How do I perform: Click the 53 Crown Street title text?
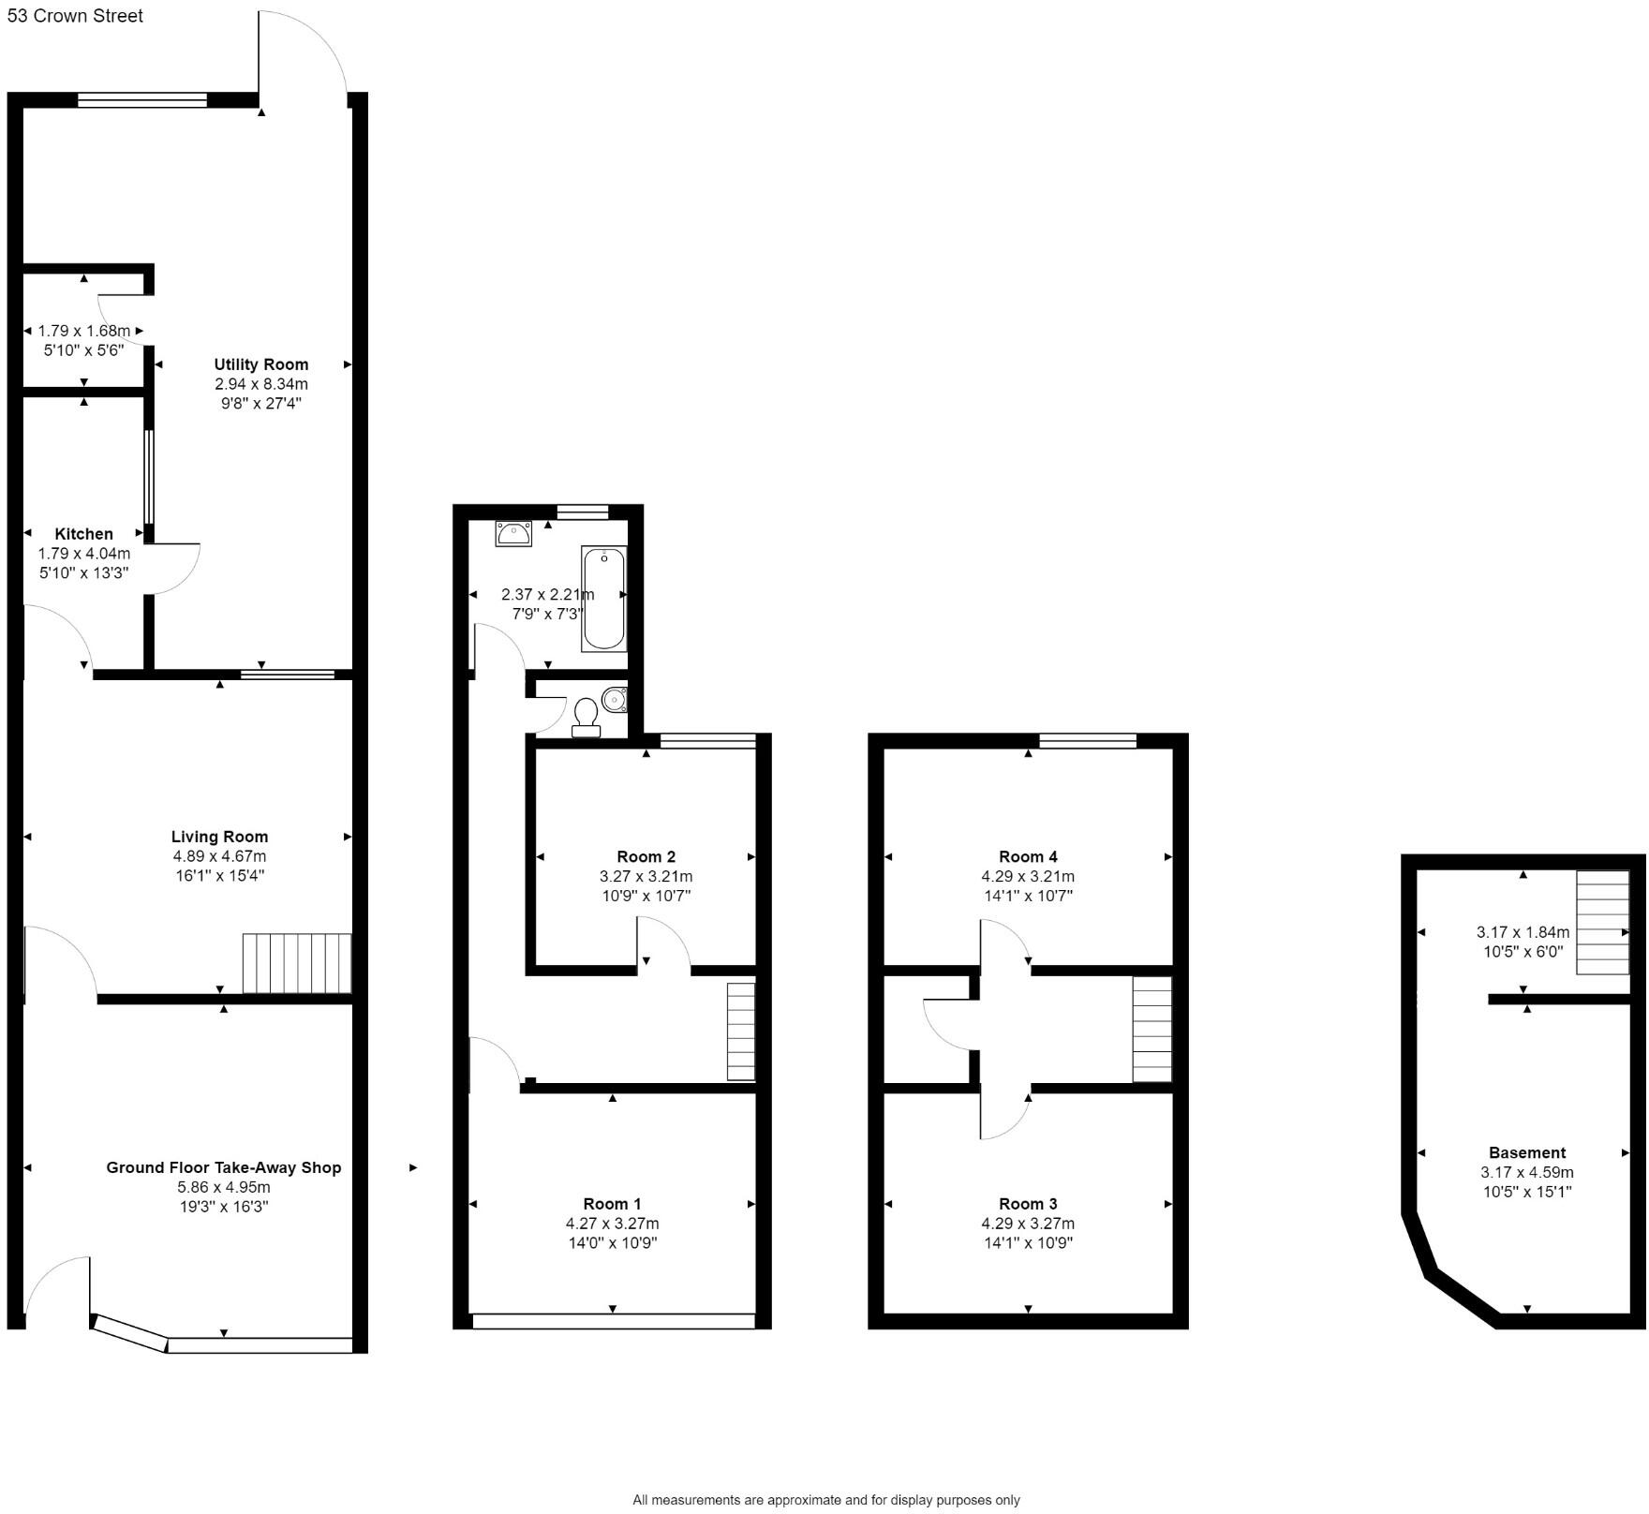75,16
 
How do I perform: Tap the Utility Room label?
260,364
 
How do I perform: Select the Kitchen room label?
83,534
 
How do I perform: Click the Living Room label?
219,837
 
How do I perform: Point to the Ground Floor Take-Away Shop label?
223,1167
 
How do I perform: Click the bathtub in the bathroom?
603,599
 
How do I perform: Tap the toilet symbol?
587,718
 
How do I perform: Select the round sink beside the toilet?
615,699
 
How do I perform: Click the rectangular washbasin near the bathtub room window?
513,534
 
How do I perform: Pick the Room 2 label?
646,856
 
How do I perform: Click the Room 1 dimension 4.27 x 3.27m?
612,1224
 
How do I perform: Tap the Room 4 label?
1028,856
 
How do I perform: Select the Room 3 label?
1028,1204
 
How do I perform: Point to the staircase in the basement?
1602,923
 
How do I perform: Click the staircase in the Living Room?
296,963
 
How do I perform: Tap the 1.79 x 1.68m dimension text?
83,331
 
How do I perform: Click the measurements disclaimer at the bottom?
825,1500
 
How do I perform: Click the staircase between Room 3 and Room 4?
1151,1029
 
